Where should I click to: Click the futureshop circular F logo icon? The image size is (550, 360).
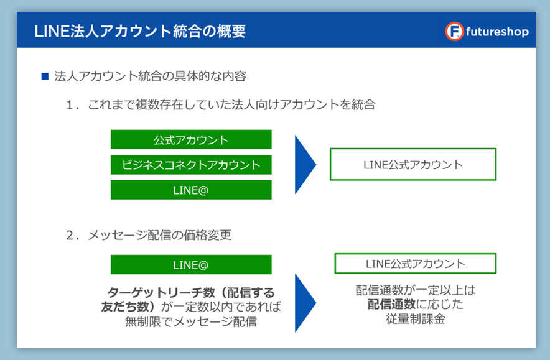point(454,32)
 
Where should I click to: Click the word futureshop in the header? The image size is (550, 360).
point(497,32)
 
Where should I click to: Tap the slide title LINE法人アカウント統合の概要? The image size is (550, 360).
point(140,31)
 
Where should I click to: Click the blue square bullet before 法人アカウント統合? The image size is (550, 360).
point(45,76)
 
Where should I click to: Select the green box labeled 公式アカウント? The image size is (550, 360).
point(191,139)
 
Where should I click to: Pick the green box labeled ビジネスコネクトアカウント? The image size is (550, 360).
point(191,165)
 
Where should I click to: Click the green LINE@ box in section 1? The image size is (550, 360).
point(191,190)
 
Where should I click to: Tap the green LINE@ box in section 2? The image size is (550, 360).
point(191,264)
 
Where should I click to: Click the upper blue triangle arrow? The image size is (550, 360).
point(304,164)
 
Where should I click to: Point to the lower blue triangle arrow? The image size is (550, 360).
point(304,303)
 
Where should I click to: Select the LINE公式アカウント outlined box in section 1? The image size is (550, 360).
point(413,164)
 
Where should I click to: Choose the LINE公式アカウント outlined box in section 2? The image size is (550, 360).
point(416,263)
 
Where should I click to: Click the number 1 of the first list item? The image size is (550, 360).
point(70,105)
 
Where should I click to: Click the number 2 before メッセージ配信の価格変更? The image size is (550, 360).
point(70,235)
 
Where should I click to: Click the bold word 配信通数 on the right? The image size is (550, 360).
point(391,304)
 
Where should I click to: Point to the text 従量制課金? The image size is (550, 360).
point(416,318)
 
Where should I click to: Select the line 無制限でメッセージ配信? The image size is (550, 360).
point(191,321)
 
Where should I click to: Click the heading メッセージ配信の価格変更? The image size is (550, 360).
point(160,235)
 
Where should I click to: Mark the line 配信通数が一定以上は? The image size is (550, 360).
point(416,290)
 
